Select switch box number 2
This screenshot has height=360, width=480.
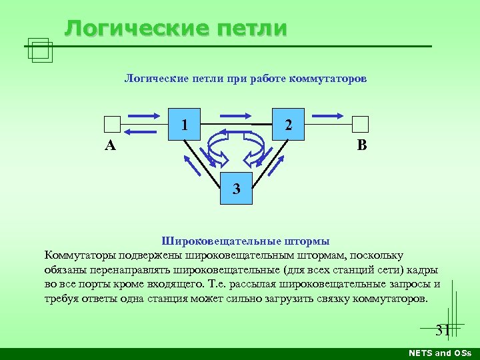tap(288, 123)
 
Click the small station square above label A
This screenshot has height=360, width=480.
tap(113, 125)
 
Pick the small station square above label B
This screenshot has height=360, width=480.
tap(360, 125)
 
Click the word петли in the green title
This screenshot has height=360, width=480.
tap(252, 29)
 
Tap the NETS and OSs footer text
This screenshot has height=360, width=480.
tap(439, 353)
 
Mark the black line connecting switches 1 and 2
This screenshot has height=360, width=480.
tap(227, 124)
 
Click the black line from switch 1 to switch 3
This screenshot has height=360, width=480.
tap(203, 156)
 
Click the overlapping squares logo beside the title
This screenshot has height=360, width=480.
tap(41, 49)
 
